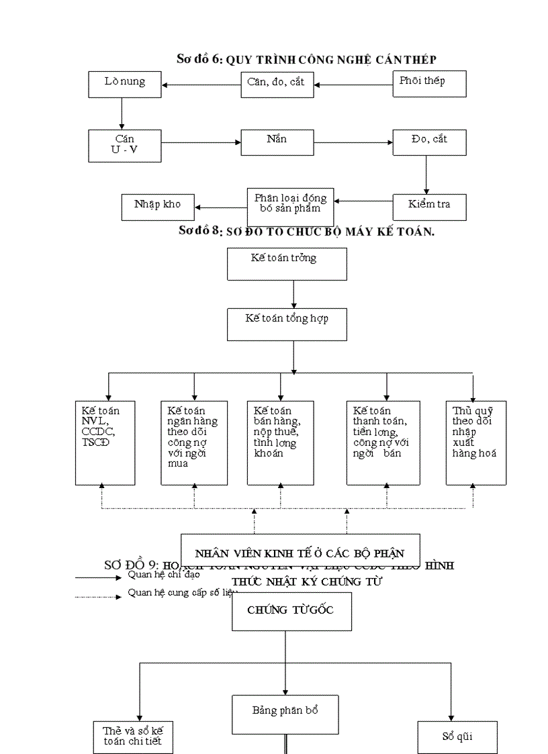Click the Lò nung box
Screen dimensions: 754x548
click(x=125, y=85)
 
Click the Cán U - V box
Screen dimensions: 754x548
click(x=125, y=146)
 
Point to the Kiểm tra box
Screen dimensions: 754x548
click(x=428, y=207)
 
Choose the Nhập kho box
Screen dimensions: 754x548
click(x=157, y=207)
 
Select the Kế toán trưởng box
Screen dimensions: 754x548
click(x=287, y=264)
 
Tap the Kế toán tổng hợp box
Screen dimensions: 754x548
click(x=287, y=324)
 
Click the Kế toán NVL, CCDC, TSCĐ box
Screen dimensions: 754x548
click(x=105, y=443)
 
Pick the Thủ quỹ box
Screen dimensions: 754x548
click(x=475, y=443)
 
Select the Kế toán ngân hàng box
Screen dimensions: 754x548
click(x=194, y=443)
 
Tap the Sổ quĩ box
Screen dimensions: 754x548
click(x=457, y=737)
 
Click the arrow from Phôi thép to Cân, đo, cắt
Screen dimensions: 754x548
click(x=354, y=85)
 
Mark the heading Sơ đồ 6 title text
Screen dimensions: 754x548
click(x=306, y=60)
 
